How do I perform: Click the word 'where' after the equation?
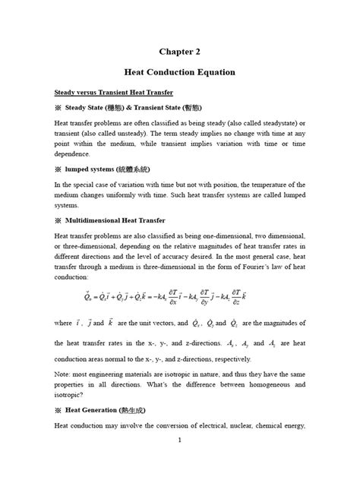coord(64,344)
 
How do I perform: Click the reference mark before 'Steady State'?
coord(57,107)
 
